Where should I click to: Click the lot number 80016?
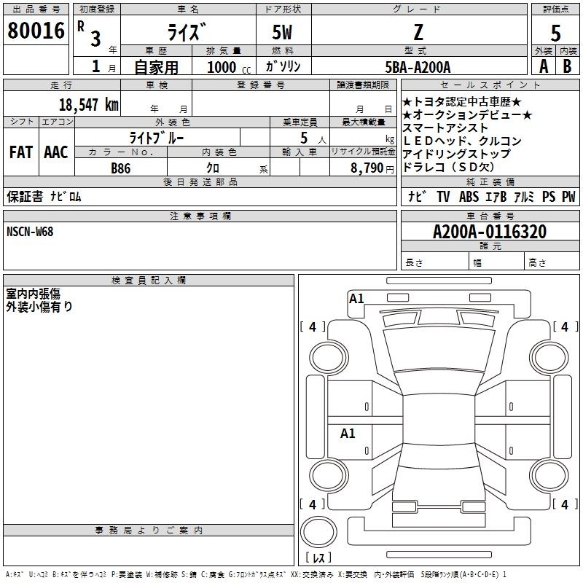pyautogui.click(x=36, y=31)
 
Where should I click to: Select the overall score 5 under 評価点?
pyautogui.click(x=555, y=34)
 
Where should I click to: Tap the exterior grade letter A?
pyautogui.click(x=544, y=66)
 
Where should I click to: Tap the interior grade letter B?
pyautogui.click(x=567, y=66)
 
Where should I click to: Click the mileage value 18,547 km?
pyautogui.click(x=89, y=105)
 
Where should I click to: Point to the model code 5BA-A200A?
pyautogui.click(x=418, y=67)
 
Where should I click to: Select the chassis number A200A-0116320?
pyautogui.click(x=490, y=232)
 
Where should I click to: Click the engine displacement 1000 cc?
pyautogui.click(x=229, y=67)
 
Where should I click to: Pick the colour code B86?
pyautogui.click(x=120, y=168)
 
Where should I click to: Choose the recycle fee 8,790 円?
pyautogui.click(x=372, y=168)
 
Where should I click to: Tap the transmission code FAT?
pyautogui.click(x=21, y=152)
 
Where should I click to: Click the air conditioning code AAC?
pyautogui.click(x=56, y=152)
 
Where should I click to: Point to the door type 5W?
pyautogui.click(x=282, y=32)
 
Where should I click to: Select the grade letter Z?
pyautogui.click(x=418, y=32)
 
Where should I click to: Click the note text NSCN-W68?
pyautogui.click(x=30, y=232)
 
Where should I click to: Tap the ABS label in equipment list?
pyautogui.click(x=469, y=197)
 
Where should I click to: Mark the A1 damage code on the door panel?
pyautogui.click(x=348, y=434)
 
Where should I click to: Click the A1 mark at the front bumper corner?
pyautogui.click(x=356, y=299)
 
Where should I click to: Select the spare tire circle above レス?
pyautogui.click(x=318, y=532)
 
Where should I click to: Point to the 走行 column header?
pyautogui.click(x=61, y=85)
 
